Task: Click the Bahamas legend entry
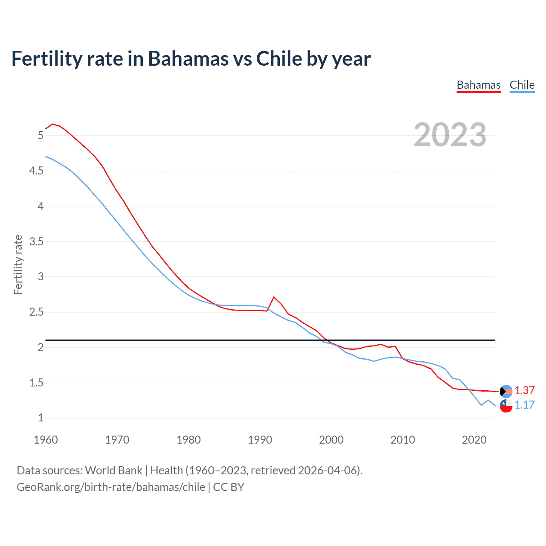pos(478,85)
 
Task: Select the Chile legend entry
pos(522,85)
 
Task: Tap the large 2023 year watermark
pos(450,135)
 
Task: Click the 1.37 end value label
pos(524,390)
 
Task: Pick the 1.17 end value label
pos(524,405)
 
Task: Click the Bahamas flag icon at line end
pos(506,391)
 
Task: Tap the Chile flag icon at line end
pos(506,406)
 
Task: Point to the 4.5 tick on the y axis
pos(36,171)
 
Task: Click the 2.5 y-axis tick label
pos(36,312)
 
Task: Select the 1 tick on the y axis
pos(41,418)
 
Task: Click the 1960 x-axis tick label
pos(46,440)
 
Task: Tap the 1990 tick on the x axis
pos(260,440)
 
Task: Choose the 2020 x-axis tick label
pos(474,440)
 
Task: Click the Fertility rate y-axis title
pos(18,264)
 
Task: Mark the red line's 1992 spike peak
pos(274,297)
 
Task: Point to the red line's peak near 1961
pos(52,124)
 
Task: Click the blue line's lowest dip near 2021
pos(481,405)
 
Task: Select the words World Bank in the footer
pos(113,470)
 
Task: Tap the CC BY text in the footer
pos(229,487)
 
